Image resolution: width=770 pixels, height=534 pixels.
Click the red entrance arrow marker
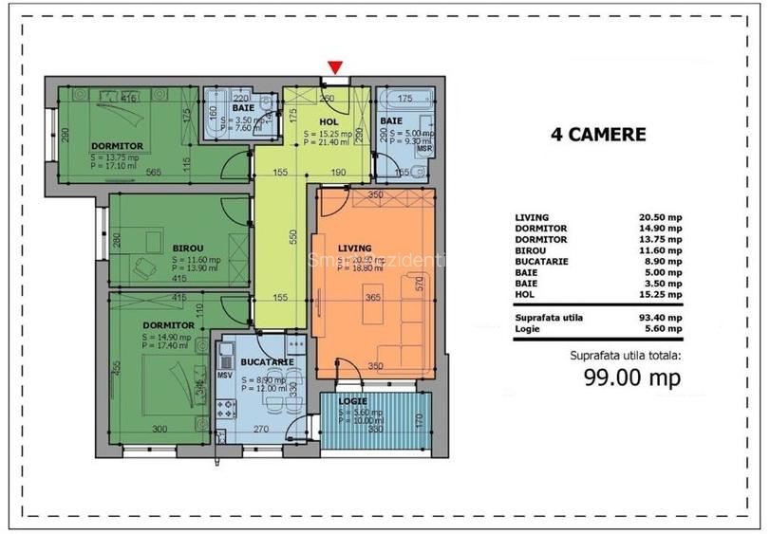[x=333, y=66]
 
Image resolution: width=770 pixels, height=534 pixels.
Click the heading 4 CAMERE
[x=598, y=135]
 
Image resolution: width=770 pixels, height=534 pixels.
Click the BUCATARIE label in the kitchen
[x=266, y=362]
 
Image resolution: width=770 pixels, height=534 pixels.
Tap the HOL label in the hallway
[x=329, y=122]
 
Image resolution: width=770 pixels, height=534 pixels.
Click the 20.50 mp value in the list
[x=660, y=217]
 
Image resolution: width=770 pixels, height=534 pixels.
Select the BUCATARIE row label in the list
[x=540, y=261]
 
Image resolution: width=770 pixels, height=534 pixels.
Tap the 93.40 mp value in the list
[x=660, y=317]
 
